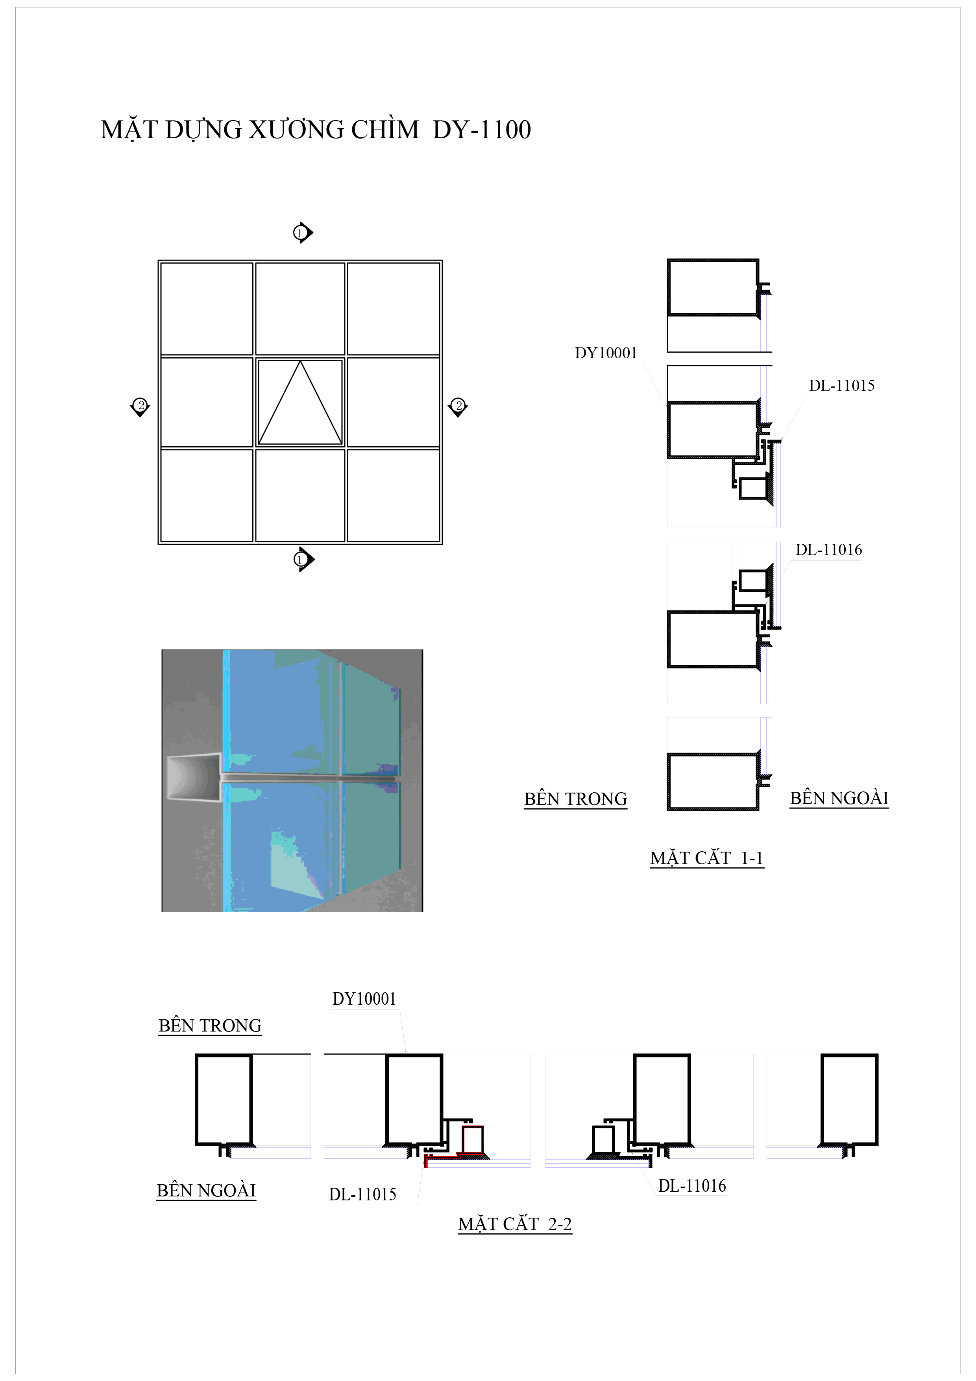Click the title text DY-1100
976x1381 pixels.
click(482, 130)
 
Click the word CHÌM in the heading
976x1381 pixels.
click(385, 130)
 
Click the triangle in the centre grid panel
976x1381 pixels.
click(300, 402)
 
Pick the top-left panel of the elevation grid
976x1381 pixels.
click(207, 309)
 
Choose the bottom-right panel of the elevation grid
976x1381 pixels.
click(394, 495)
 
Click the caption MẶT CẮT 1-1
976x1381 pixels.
click(706, 858)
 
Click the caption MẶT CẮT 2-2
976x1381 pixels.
click(515, 1224)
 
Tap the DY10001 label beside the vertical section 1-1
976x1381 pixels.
click(606, 353)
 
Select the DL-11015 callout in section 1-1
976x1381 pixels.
click(842, 386)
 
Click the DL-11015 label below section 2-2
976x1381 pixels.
click(362, 1194)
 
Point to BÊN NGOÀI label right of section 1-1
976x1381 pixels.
click(839, 798)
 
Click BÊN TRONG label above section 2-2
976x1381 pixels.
click(210, 1026)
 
